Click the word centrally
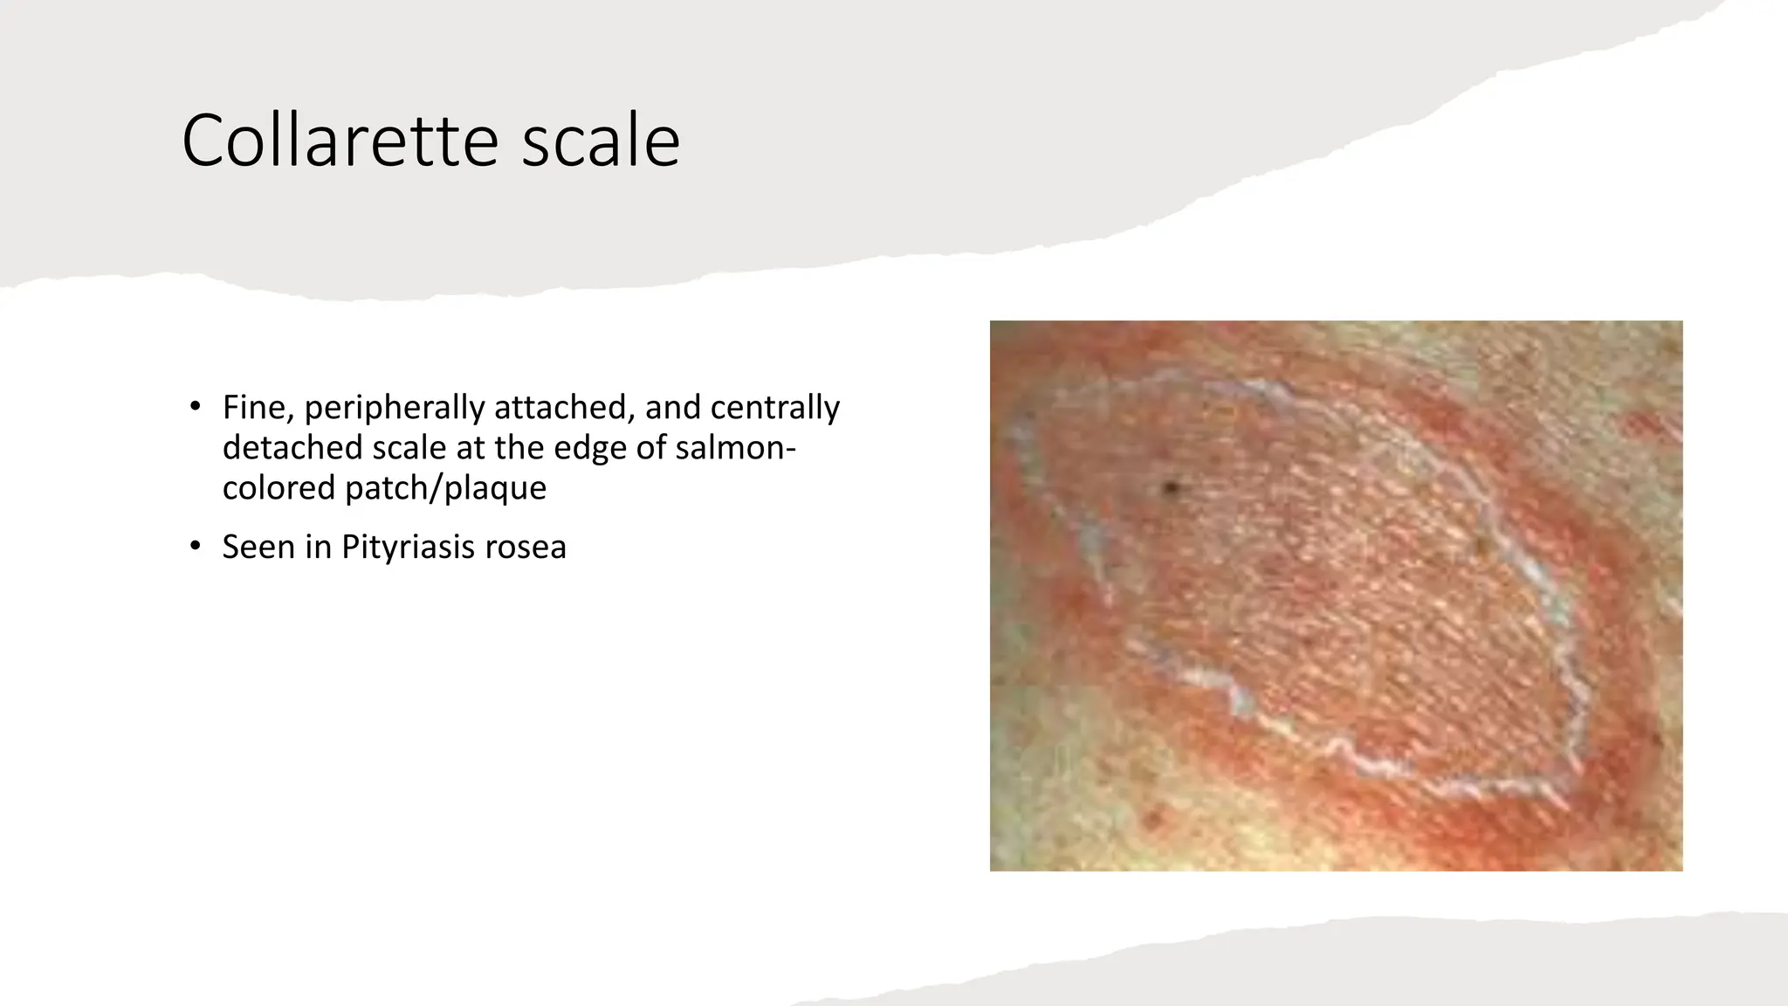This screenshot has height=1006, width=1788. pos(775,408)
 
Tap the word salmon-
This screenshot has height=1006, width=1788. pos(736,447)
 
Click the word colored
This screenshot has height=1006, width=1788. pos(279,487)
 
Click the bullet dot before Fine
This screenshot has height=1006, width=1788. pos(195,407)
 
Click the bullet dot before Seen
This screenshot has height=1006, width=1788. pos(195,548)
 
